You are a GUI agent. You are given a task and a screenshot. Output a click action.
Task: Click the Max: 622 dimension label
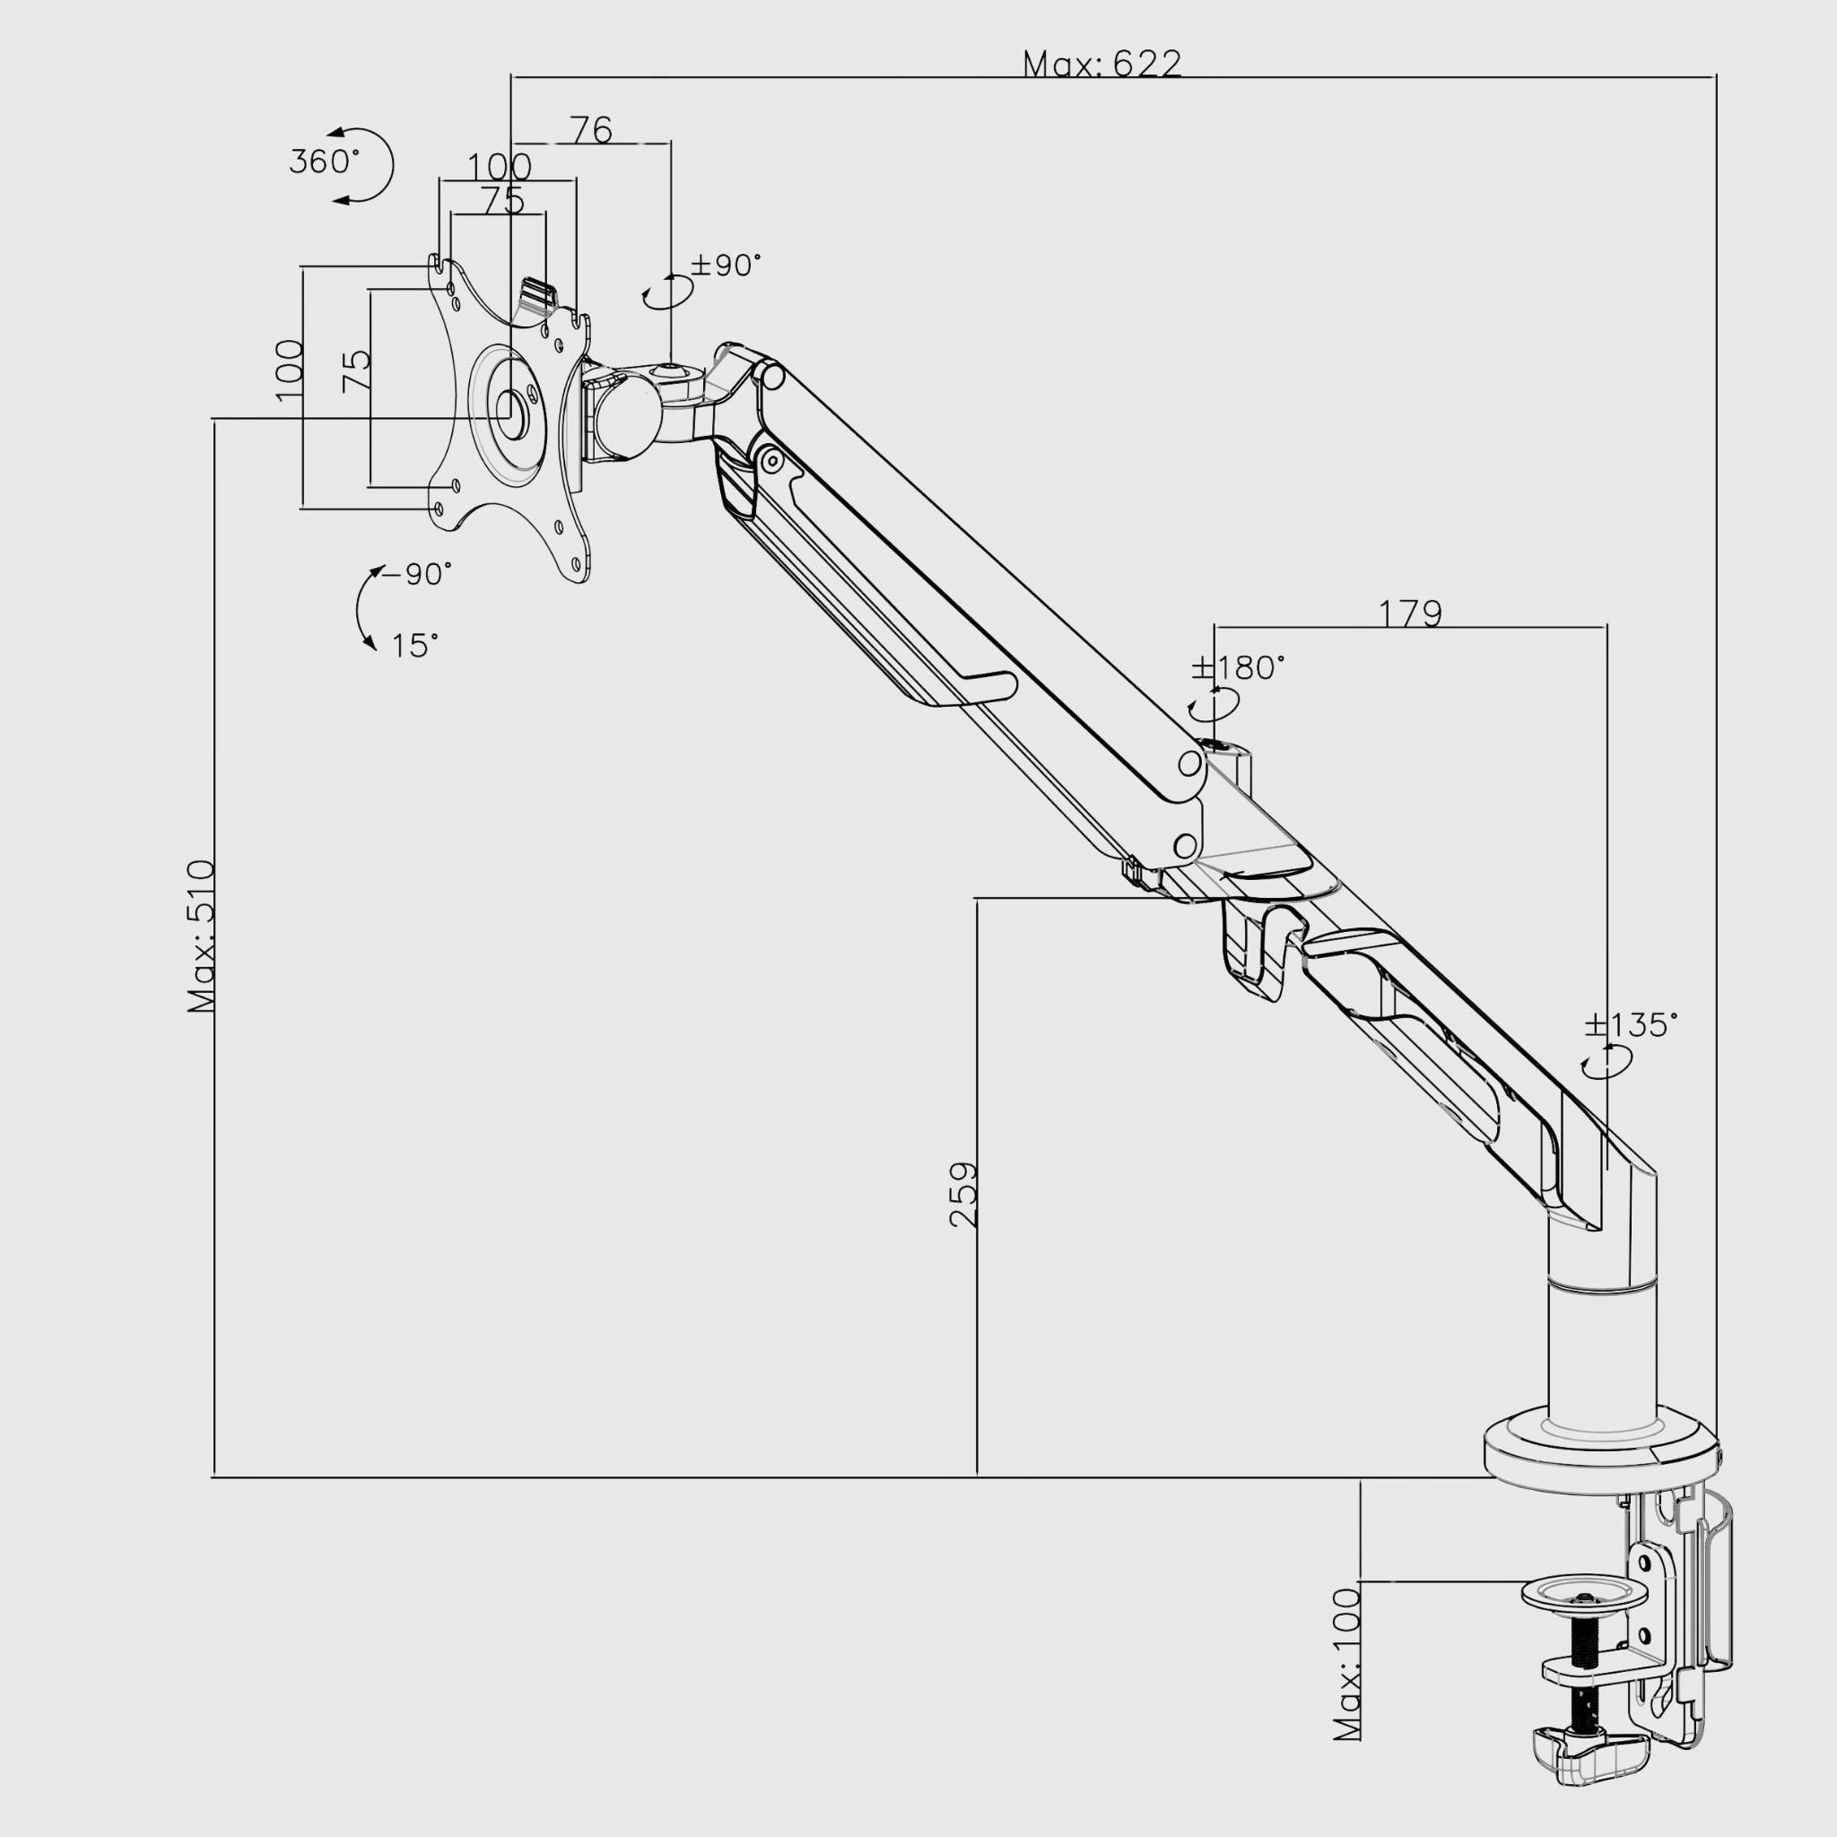pos(1102,64)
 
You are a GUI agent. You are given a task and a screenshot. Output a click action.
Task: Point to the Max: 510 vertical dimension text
pos(203,936)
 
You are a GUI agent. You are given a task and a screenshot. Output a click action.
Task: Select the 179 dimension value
pos(1410,614)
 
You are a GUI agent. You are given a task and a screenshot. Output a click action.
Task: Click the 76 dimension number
pos(591,129)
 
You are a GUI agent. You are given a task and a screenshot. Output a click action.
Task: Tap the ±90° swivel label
pos(727,266)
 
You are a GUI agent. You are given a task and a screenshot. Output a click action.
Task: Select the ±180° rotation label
pos(1238,668)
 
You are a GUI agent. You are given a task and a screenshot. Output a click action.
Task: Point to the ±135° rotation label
pos(1631,1025)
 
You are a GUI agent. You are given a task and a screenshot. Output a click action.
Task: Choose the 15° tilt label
pos(415,647)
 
